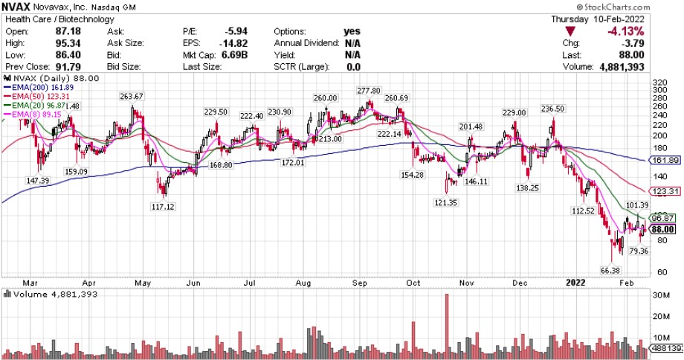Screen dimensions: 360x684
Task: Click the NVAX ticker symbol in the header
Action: [x=18, y=7]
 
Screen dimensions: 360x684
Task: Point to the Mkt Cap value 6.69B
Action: [x=246, y=54]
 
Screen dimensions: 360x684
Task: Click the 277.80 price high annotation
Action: [x=368, y=91]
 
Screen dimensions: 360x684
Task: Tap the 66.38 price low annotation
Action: [x=610, y=270]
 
